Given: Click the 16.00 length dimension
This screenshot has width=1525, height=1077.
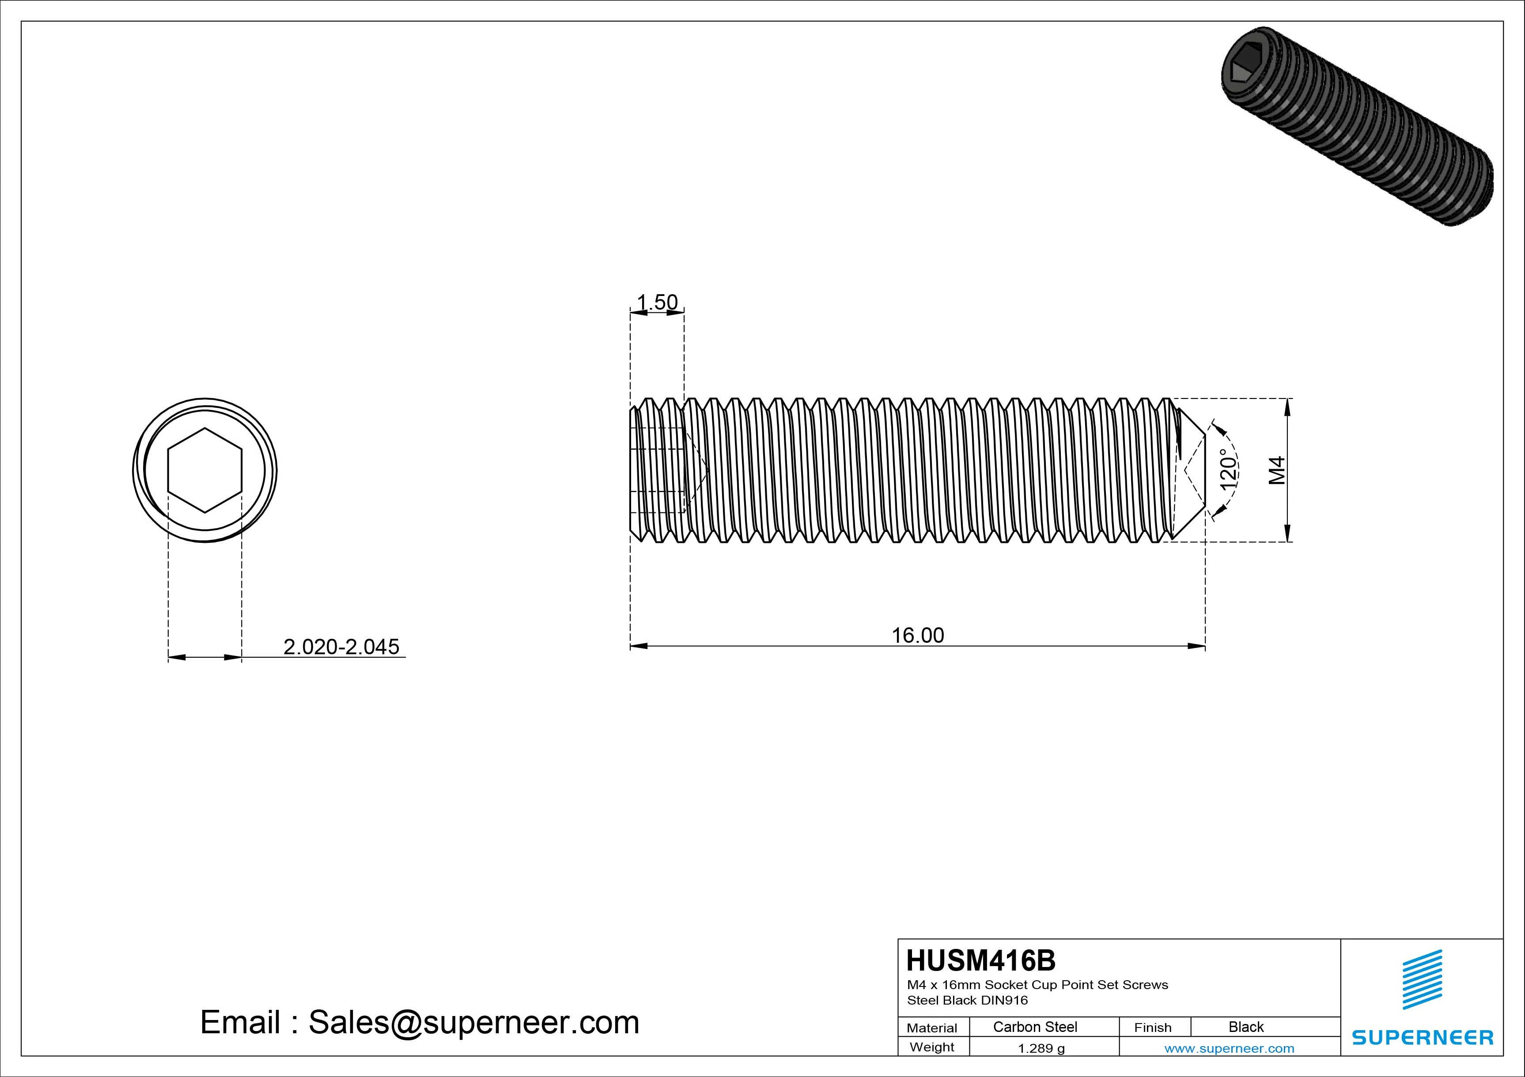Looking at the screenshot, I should click(x=917, y=635).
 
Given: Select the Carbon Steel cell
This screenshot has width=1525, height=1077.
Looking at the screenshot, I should click(x=1035, y=1027).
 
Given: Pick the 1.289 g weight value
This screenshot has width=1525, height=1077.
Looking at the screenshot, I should click(x=1041, y=1048).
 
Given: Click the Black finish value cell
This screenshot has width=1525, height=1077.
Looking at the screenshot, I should click(x=1246, y=1027).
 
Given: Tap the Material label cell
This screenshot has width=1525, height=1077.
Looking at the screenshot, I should click(x=932, y=1028).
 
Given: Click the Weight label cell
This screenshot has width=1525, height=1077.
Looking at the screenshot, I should click(x=932, y=1047).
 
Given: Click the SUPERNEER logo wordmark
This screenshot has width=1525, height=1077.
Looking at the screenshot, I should click(x=1423, y=1037).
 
